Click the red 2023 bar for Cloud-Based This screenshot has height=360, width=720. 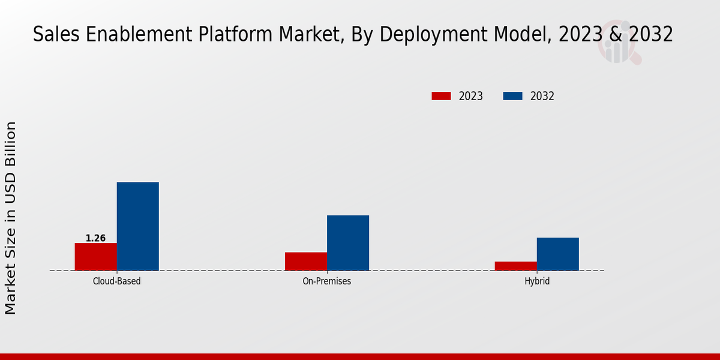96,257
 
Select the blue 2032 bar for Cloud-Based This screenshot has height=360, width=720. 138,226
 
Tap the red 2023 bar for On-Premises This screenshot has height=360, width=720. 306,262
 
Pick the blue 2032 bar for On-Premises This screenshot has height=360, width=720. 348,243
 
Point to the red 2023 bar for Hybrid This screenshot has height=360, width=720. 516,266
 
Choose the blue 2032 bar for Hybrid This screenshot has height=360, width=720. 558,254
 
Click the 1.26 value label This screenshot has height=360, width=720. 95,238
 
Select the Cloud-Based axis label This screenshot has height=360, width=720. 117,281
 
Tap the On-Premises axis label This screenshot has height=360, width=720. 327,281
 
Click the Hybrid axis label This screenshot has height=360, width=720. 537,281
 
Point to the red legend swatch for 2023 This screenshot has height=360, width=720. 441,96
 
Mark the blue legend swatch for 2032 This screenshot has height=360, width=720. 512,96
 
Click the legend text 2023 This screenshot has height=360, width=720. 471,96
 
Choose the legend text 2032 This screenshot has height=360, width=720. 542,96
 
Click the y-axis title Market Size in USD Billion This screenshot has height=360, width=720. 11,218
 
